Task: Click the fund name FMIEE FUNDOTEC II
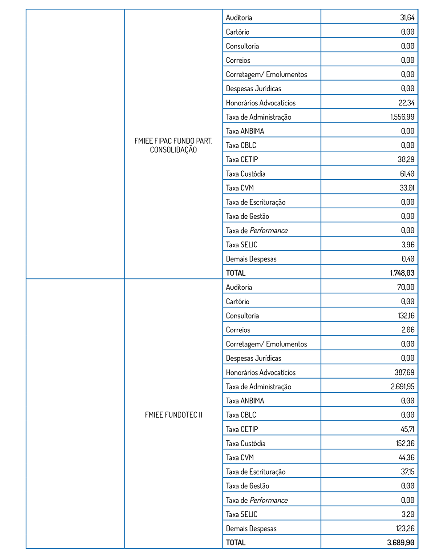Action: pos(174,415)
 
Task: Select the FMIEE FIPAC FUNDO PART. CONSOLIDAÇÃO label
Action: pos(174,145)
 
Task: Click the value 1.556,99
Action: pos(402,117)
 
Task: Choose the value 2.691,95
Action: pos(402,387)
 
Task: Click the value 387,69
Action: pos(405,372)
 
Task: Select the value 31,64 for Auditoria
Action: pos(407,18)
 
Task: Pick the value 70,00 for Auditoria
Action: pos(405,287)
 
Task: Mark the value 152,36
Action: pos(405,443)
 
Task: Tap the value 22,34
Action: pos(406,103)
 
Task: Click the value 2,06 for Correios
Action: pos(408,330)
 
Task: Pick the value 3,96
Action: pos(408,245)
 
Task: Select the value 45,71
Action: pos(407,429)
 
